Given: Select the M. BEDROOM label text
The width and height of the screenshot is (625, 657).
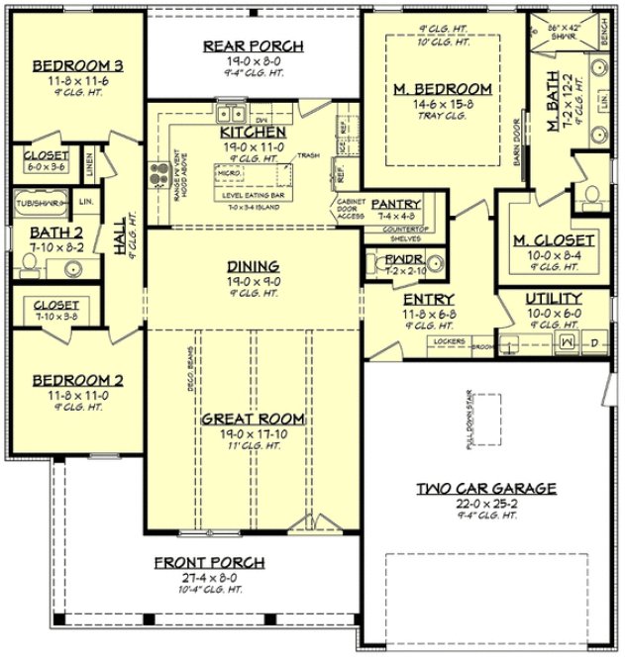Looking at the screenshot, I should pyautogui.click(x=442, y=89).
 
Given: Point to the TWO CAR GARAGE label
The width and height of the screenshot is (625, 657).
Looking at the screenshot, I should pyautogui.click(x=485, y=488).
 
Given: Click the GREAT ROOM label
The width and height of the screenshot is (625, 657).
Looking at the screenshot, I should pyautogui.click(x=253, y=420).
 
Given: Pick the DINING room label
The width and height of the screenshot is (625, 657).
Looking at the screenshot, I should pyautogui.click(x=253, y=266).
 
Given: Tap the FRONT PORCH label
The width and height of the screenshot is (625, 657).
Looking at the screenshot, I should pyautogui.click(x=209, y=562).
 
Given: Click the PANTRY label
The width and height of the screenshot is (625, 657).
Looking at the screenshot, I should pyautogui.click(x=396, y=204).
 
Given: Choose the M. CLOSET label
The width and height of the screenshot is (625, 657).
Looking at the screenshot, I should pyautogui.click(x=554, y=240).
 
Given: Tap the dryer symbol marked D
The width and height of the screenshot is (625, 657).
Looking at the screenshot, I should pyautogui.click(x=594, y=343).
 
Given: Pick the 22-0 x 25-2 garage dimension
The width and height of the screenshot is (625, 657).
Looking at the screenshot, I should pyautogui.click(x=485, y=503).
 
